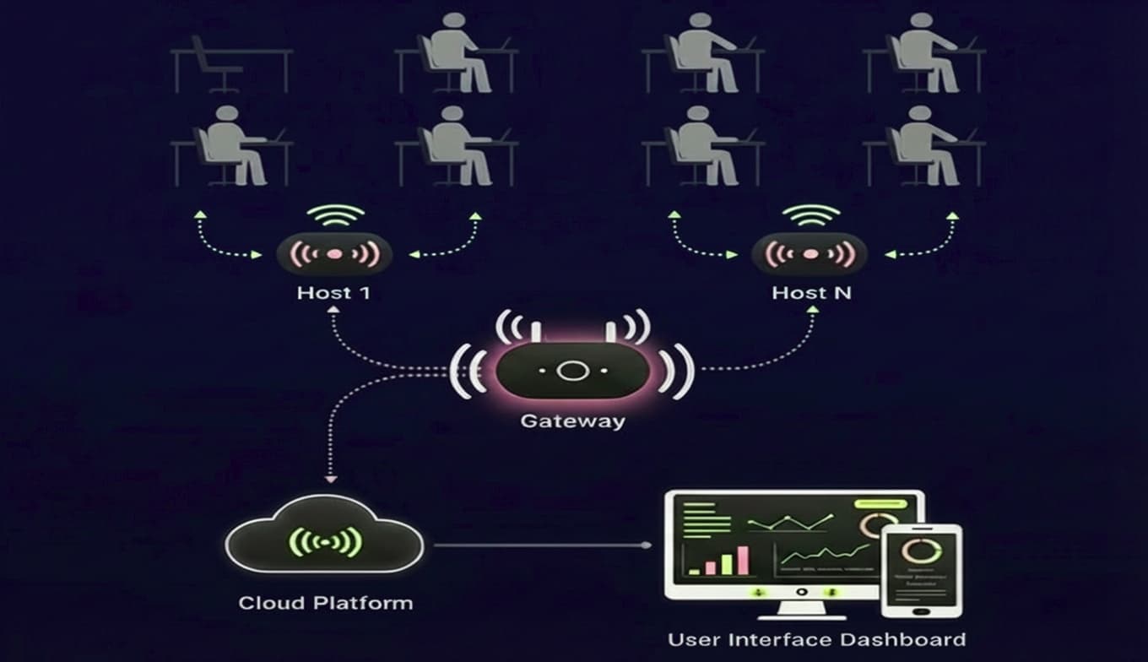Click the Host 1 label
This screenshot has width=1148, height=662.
(334, 294)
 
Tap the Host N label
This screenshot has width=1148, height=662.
(811, 294)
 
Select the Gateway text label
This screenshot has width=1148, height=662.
(572, 420)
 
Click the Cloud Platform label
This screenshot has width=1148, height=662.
(326, 603)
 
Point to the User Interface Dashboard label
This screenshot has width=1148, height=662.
(816, 639)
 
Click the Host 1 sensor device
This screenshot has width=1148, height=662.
(334, 253)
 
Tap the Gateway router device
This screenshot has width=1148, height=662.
(572, 370)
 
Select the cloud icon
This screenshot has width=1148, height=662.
(326, 540)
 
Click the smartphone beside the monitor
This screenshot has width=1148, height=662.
(921, 571)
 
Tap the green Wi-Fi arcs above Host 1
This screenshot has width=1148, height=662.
(335, 215)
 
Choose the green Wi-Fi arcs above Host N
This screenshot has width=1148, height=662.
(812, 215)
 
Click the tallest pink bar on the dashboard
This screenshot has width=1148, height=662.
(743, 560)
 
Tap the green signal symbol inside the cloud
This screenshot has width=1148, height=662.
(326, 541)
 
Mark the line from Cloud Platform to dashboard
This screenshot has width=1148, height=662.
(540, 545)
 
